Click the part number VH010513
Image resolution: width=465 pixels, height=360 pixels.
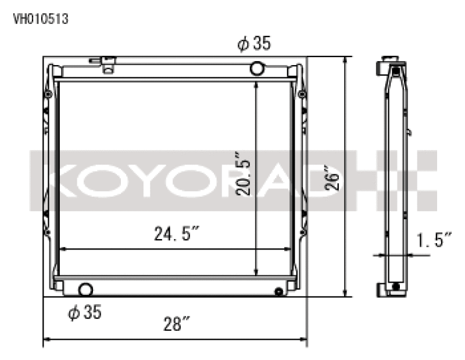tap(41, 19)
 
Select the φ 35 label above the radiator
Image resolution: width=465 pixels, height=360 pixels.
tap(254, 44)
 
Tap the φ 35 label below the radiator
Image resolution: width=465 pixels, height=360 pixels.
tap(85, 313)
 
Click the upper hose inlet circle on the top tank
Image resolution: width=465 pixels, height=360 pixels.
tap(257, 69)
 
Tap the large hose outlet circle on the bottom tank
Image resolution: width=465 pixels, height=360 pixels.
tap(85, 289)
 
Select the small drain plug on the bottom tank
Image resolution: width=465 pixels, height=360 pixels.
tap(278, 291)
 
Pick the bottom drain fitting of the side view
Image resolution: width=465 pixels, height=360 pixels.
tap(396, 287)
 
